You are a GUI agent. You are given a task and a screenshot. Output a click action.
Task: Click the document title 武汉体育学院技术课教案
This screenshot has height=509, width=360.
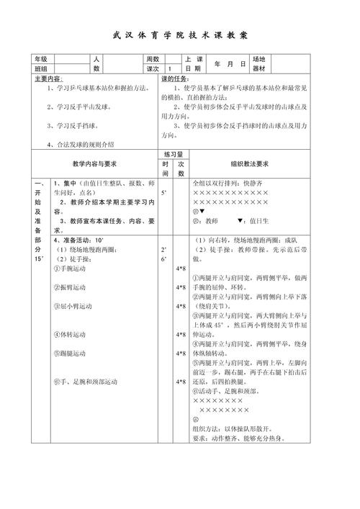click(x=180, y=35)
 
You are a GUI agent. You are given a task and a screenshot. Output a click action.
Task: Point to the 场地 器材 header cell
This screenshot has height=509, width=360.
click(x=258, y=64)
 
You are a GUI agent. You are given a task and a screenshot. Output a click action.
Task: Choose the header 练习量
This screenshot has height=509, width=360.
click(x=173, y=154)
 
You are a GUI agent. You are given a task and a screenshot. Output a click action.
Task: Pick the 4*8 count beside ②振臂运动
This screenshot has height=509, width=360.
click(x=181, y=287)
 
